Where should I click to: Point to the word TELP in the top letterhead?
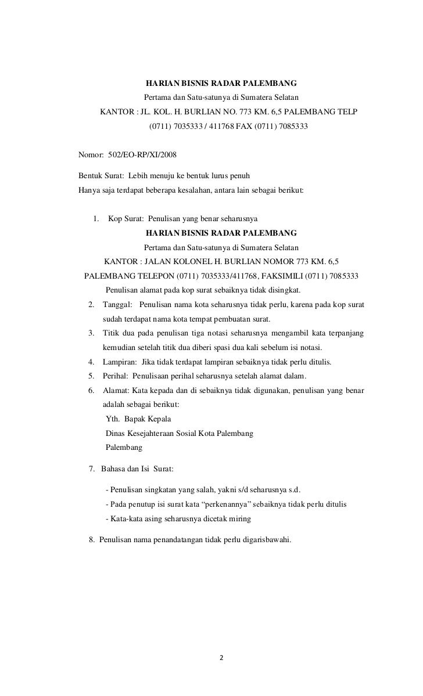(x=347, y=111)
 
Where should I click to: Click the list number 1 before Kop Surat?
(x=95, y=219)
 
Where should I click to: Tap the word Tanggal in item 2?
(x=117, y=305)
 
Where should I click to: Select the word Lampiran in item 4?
(x=120, y=362)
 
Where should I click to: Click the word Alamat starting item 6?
(x=116, y=390)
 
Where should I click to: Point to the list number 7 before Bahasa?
(x=91, y=468)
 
